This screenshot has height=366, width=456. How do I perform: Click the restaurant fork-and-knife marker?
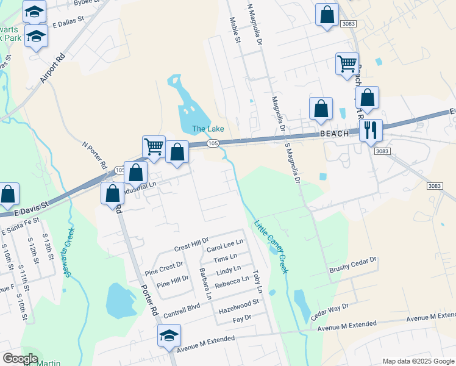coord(370,129)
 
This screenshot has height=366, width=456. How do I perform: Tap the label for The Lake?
coord(208,129)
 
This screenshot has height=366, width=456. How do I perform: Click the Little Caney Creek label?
coord(269,246)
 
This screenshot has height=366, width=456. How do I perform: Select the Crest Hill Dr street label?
coord(191,248)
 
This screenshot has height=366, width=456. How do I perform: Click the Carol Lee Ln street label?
coord(225,246)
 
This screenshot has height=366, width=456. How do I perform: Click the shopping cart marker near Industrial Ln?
coord(153,146)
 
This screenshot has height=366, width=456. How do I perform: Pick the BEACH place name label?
coord(334,134)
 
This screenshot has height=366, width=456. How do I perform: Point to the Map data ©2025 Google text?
coord(417,361)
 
